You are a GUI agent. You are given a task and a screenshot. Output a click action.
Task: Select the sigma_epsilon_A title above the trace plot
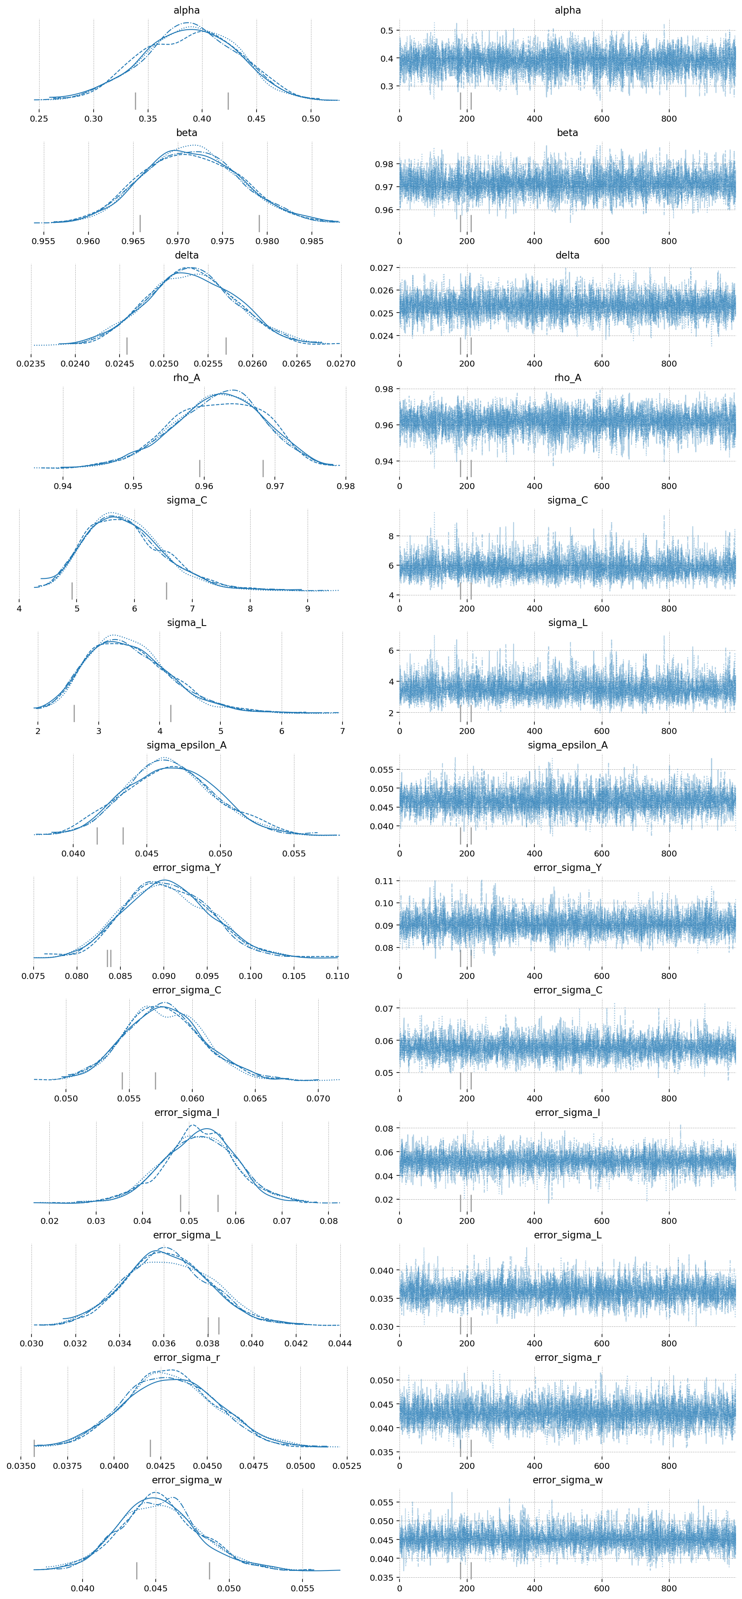[568, 745]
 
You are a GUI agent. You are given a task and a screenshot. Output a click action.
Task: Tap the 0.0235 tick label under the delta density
[31, 364]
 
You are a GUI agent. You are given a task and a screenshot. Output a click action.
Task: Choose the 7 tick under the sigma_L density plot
[342, 731]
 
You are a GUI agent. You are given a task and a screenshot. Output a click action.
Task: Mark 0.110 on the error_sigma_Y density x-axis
[337, 976]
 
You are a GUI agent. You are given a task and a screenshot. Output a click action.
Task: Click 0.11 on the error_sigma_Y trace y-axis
[384, 881]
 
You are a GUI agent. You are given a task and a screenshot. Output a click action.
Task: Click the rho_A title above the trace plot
[568, 377]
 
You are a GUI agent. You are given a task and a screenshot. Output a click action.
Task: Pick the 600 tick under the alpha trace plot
[601, 119]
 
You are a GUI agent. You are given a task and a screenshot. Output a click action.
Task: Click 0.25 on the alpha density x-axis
[39, 119]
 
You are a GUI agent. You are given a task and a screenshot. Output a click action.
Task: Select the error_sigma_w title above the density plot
[186, 1480]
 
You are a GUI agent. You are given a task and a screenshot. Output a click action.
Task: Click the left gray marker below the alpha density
[135, 100]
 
